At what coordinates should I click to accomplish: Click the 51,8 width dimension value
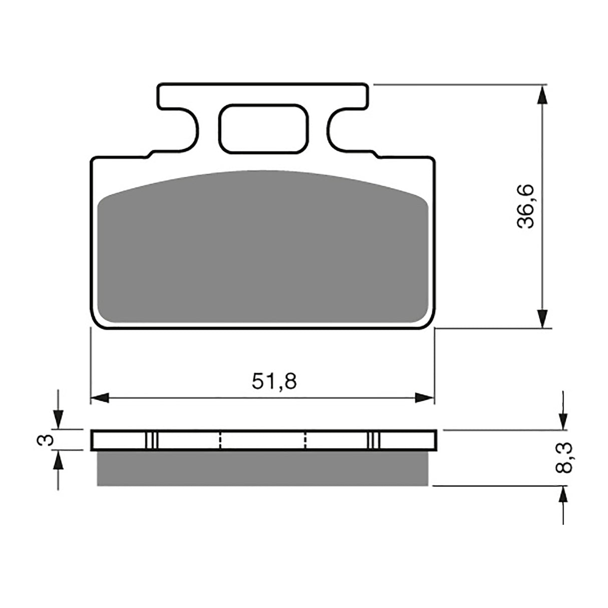274,381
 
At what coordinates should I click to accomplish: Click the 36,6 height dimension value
526,206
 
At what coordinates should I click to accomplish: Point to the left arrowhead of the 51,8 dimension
100,398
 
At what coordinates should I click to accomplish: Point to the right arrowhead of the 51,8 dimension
425,398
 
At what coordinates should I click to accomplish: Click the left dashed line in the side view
220,440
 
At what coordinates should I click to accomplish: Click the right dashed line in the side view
305,440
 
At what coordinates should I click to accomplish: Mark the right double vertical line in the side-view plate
374,440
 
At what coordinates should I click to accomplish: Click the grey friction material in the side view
263,468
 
